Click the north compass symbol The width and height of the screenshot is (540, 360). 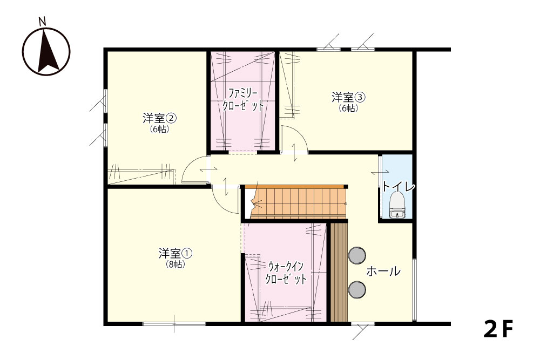(46, 52)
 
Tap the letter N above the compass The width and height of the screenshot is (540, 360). (42, 22)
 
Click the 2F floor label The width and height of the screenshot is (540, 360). (498, 329)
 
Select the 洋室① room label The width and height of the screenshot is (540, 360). (175, 254)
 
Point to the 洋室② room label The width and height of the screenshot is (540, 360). (159, 118)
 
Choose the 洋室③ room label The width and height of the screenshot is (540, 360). (348, 97)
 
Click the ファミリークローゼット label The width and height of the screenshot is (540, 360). (243, 99)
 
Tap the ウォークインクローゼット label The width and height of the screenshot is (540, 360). (286, 273)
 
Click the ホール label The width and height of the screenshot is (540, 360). (383, 271)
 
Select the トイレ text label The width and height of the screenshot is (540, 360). (399, 187)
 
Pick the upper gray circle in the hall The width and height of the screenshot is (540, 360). (357, 255)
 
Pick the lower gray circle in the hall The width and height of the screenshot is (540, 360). (357, 289)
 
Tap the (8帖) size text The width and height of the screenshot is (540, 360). (175, 264)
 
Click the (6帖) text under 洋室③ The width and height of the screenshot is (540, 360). (348, 108)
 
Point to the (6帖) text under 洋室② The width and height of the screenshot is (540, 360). (159, 130)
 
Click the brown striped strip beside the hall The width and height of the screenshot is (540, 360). (339, 272)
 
